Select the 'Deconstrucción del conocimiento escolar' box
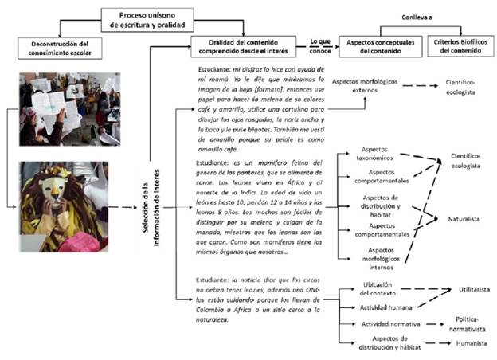(55, 47)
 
